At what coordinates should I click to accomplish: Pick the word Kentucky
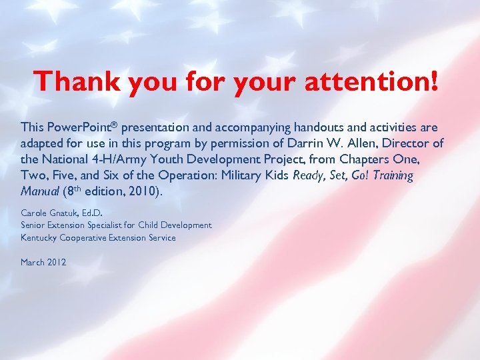click(39, 237)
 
